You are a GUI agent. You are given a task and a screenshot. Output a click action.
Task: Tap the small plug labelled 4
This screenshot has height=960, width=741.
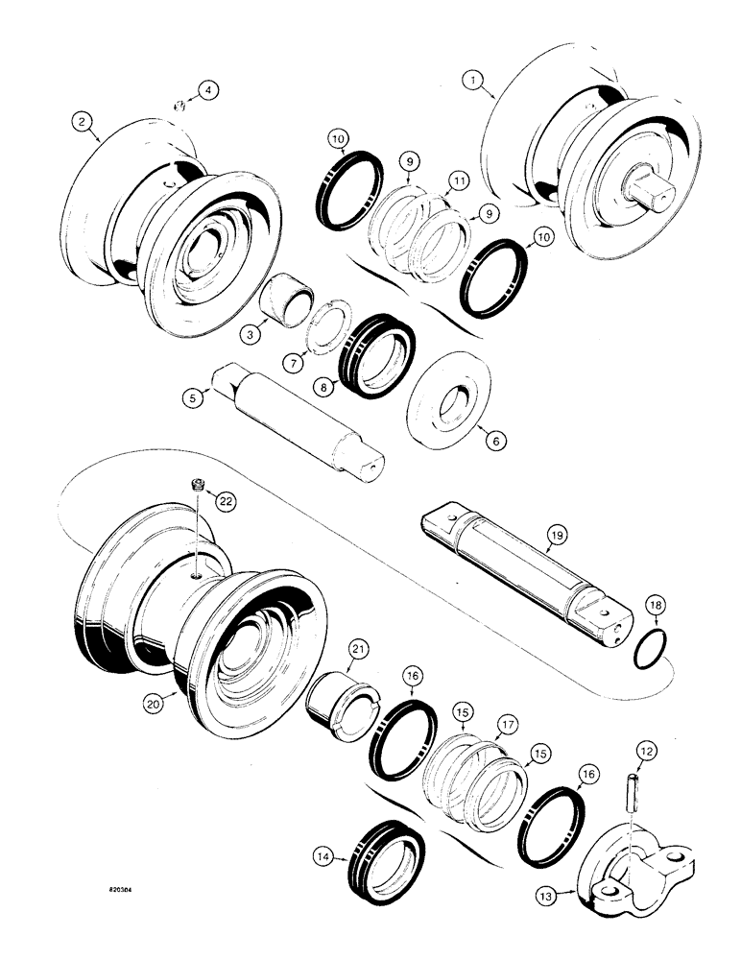179,106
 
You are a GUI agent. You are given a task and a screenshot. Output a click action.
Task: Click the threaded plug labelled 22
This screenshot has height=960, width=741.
197,488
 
